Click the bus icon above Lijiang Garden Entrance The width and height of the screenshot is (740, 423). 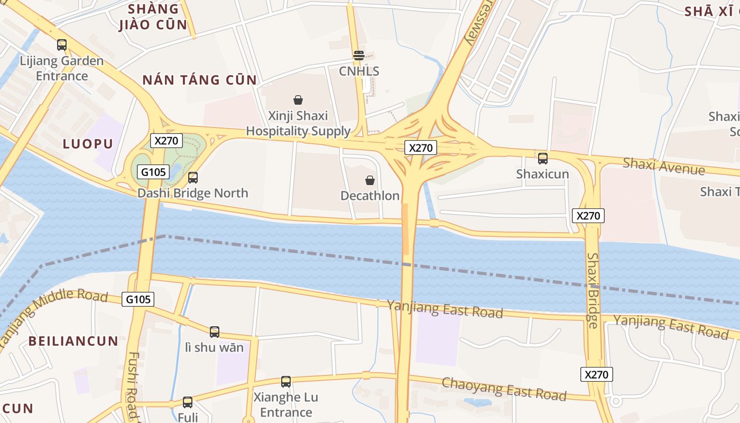[x=62, y=45]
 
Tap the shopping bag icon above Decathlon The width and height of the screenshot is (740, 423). [x=370, y=180]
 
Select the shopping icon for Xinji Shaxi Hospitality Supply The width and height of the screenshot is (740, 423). [x=298, y=100]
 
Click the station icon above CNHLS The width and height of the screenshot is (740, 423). [x=359, y=56]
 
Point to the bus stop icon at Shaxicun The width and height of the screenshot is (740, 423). [x=542, y=159]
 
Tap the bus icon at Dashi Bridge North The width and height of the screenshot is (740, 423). [x=193, y=178]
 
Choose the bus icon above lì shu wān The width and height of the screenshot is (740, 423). [x=214, y=332]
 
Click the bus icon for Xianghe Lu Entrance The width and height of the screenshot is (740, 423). [x=286, y=382]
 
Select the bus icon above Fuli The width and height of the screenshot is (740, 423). [x=187, y=402]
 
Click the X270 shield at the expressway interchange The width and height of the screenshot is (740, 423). [x=421, y=148]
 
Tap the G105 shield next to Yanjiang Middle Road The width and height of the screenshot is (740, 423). [x=138, y=299]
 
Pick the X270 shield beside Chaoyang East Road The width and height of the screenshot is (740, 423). [x=597, y=374]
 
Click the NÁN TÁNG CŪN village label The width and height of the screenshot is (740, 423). [x=199, y=80]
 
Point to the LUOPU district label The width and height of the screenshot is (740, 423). [x=88, y=144]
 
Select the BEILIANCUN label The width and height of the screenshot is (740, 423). [x=73, y=341]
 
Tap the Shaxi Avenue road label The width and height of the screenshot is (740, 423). [x=663, y=165]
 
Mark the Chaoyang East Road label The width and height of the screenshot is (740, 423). [x=504, y=389]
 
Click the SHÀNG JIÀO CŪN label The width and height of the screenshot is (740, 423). [x=153, y=16]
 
